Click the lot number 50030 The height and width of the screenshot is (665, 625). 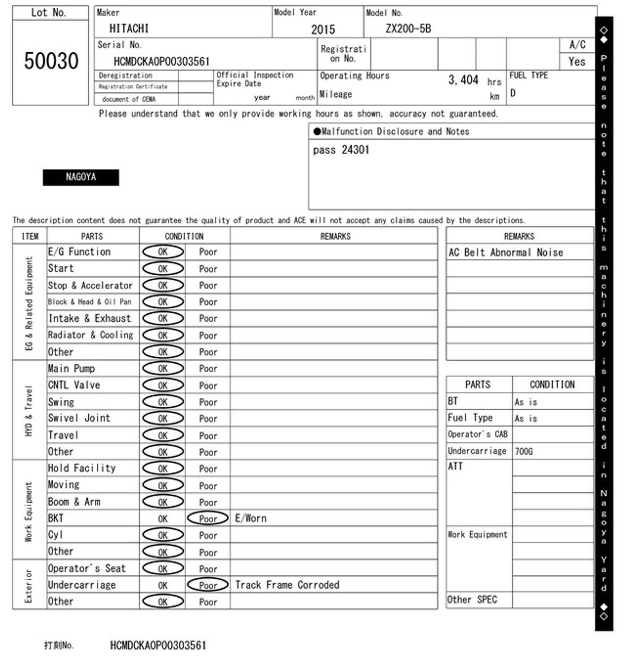click(51, 61)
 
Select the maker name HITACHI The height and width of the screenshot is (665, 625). click(129, 28)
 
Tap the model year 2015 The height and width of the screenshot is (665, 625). click(323, 30)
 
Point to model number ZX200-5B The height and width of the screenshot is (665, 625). click(408, 28)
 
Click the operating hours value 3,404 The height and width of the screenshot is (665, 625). click(463, 80)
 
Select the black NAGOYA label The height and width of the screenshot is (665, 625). click(81, 177)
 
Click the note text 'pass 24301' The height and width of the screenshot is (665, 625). click(341, 150)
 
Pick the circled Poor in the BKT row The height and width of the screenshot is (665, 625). click(208, 519)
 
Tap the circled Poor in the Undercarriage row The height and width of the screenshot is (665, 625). click(208, 585)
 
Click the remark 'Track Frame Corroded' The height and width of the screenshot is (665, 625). click(287, 585)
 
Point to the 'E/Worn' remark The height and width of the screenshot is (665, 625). click(250, 518)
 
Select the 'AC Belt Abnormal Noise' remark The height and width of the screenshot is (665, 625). click(505, 252)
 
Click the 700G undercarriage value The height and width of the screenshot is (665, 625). click(523, 451)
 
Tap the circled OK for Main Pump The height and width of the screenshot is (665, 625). click(163, 369)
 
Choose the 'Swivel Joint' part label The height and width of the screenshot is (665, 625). click(79, 418)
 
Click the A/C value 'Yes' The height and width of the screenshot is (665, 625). click(577, 62)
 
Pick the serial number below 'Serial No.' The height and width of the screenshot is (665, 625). click(162, 62)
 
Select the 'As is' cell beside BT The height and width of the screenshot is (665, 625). click(526, 402)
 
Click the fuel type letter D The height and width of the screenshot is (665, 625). click(513, 93)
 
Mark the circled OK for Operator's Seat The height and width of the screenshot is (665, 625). click(163, 569)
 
